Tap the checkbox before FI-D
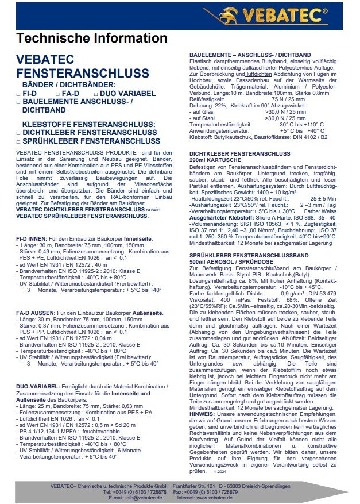[x=19, y=93]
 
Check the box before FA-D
[x=57, y=93]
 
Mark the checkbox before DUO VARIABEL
[x=95, y=93]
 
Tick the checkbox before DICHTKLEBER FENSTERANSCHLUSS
[x=19, y=133]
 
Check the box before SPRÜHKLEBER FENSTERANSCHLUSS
[x=19, y=141]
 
